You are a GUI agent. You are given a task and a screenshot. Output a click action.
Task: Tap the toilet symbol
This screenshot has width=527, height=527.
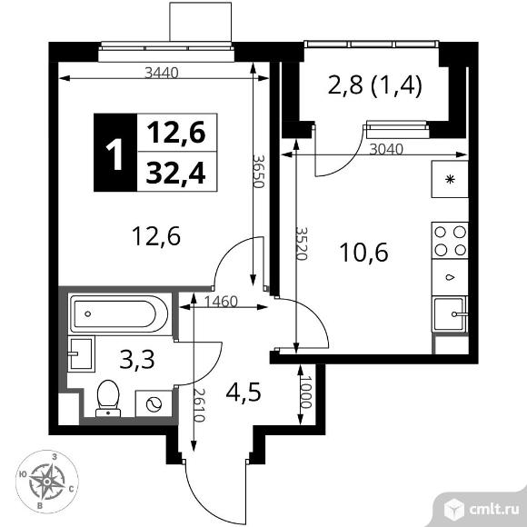[x=107, y=397]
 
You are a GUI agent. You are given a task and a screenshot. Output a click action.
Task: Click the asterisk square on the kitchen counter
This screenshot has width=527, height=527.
[x=450, y=178]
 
